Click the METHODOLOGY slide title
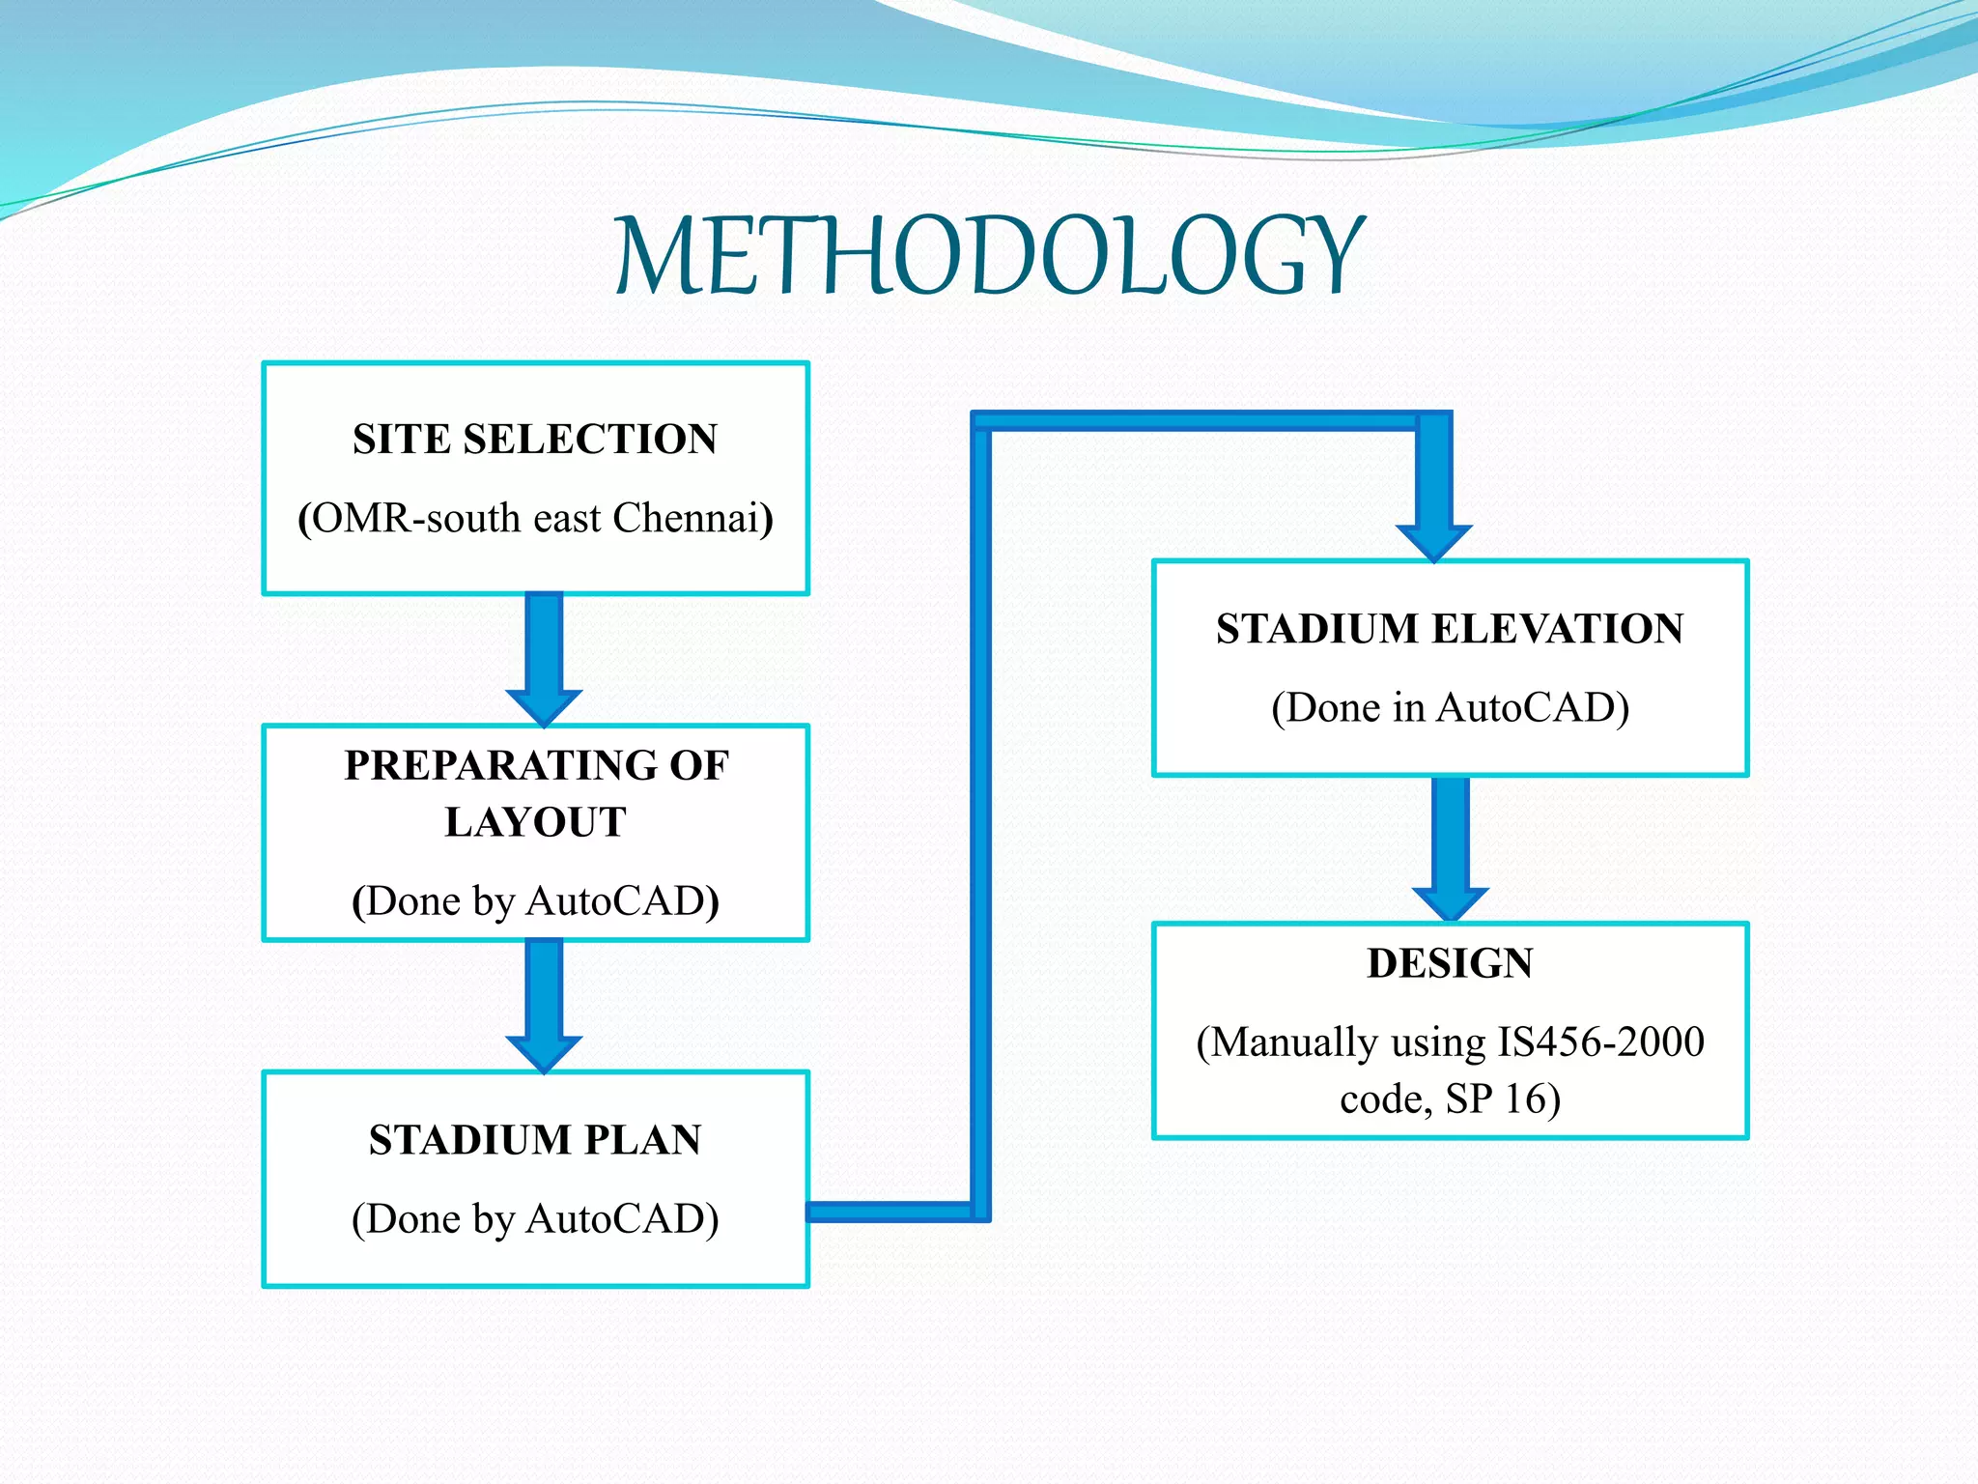(989, 255)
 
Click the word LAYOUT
(535, 823)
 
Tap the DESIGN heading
(1450, 964)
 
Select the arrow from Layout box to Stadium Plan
(544, 1006)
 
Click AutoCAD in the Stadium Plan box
(621, 1220)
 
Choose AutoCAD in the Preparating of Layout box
(621, 902)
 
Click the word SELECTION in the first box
(590, 440)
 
